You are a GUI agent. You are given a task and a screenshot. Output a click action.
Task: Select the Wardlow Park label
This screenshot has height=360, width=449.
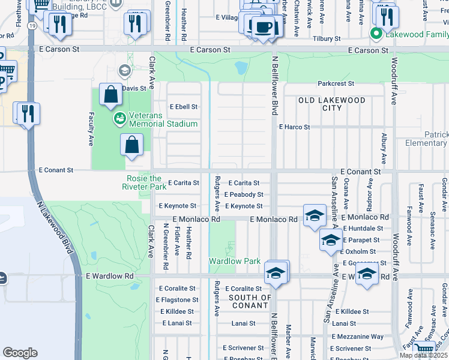235,262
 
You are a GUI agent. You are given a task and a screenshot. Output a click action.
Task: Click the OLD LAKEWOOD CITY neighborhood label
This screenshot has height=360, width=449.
332,104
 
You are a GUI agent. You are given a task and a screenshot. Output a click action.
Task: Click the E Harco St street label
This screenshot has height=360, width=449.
294,127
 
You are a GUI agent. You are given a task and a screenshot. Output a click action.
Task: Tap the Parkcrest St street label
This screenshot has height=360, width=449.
336,84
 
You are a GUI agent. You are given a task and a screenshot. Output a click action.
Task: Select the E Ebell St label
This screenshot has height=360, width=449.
183,107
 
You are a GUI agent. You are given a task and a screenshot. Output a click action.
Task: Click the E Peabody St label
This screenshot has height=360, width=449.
244,194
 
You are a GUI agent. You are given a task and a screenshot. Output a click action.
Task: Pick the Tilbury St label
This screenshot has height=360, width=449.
325,38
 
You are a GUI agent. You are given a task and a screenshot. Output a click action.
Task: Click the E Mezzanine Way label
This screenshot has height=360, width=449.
357,337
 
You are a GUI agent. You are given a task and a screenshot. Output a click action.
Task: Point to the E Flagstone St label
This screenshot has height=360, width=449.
177,300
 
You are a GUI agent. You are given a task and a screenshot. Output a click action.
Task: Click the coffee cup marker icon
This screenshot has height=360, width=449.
263,27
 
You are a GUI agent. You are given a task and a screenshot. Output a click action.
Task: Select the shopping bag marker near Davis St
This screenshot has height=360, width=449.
111,95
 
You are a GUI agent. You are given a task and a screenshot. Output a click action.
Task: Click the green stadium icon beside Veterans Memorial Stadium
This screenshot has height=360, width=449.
120,118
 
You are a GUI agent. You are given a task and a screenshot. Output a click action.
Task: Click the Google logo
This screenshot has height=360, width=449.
20,353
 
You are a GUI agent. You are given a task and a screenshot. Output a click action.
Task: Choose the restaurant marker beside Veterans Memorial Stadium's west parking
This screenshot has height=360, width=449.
28,113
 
